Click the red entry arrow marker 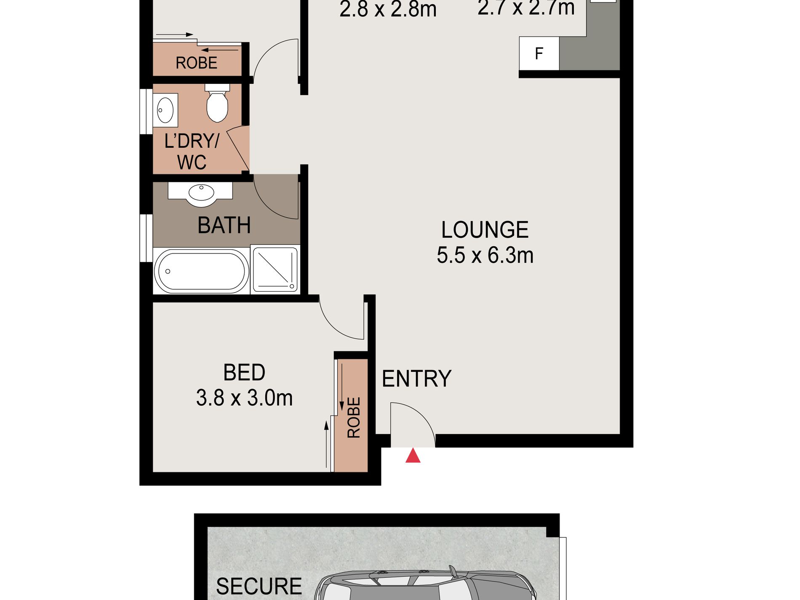(413, 456)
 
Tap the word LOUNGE (485, 230)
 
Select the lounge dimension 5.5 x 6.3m (485, 255)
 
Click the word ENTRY (416, 379)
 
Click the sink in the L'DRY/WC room (165, 110)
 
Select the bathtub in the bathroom (201, 271)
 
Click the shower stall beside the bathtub (275, 269)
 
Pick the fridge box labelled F (539, 53)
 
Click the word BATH (224, 225)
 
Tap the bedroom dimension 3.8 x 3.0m (244, 398)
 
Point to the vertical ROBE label (354, 417)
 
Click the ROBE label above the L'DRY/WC (196, 63)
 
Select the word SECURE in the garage (259, 586)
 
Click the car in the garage (425, 585)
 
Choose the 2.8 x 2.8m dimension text (388, 9)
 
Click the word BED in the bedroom (244, 373)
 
